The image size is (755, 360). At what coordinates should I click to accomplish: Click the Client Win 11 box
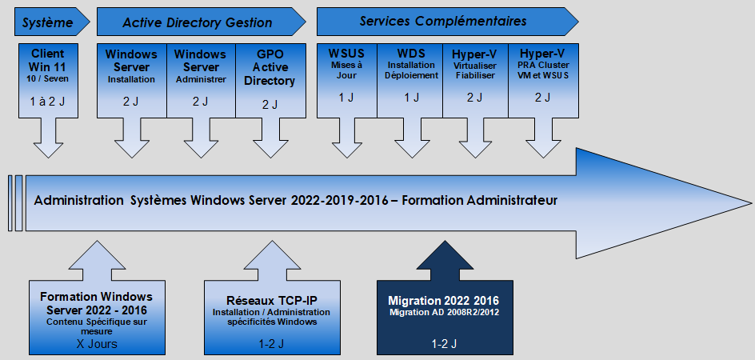pos(48,81)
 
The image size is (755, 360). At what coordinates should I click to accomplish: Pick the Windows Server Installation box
pos(131,81)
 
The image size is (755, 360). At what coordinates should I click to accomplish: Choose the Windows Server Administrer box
pos(201,81)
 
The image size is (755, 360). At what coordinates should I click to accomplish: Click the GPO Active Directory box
pos(270,81)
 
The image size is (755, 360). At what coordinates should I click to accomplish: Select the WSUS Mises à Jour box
pos(346,81)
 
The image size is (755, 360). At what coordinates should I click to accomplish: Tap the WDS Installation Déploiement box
pos(409,81)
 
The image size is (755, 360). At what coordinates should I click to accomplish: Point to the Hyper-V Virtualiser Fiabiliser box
pos(475,81)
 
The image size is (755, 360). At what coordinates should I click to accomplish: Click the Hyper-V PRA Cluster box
pos(543,81)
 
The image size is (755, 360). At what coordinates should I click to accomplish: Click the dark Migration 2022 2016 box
pos(445,318)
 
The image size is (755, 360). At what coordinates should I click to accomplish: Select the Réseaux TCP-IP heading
pos(272,300)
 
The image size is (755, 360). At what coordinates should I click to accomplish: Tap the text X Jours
pos(97,344)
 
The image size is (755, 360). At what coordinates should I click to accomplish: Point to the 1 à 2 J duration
pos(48,102)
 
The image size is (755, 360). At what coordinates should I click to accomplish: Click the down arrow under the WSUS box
pos(346,138)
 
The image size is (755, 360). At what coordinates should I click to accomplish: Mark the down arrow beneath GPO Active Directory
pos(270,138)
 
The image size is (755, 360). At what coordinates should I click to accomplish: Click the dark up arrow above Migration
pos(445,261)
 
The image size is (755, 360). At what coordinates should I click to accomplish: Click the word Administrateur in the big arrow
pos(512,200)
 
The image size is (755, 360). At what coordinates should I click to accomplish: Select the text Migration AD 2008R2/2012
pos(445,312)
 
